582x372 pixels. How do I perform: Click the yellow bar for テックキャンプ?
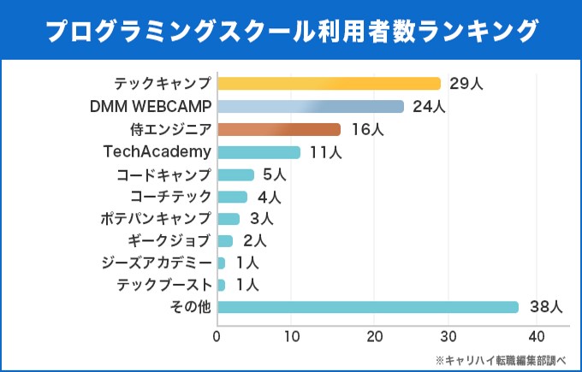(x=329, y=84)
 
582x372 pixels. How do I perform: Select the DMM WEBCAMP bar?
(x=310, y=107)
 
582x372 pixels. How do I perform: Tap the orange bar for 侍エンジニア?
(x=279, y=130)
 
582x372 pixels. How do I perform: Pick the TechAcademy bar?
(x=258, y=152)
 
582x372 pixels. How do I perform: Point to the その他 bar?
(x=368, y=307)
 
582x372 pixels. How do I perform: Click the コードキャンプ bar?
(x=235, y=175)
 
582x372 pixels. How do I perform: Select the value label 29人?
(x=466, y=84)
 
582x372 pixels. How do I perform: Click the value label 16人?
(x=366, y=130)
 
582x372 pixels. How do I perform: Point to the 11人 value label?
(x=326, y=153)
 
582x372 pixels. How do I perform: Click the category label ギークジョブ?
(x=169, y=240)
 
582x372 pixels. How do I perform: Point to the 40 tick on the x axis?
(x=536, y=335)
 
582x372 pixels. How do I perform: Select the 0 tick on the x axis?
(x=217, y=335)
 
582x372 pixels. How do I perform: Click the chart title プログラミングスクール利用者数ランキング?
(x=291, y=30)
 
